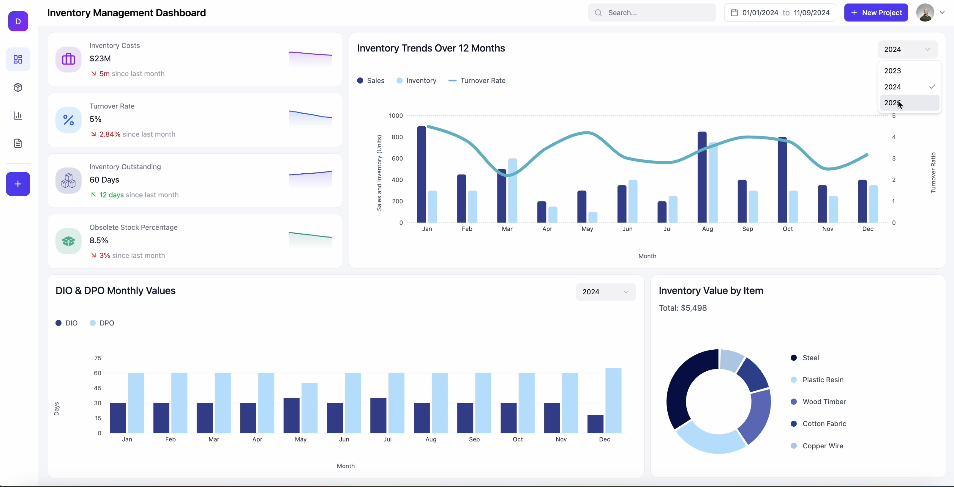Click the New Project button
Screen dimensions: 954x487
(x=876, y=12)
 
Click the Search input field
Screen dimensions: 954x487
(x=652, y=12)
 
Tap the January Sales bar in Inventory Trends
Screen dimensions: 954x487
(x=421, y=174)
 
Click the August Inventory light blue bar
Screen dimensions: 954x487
(x=713, y=182)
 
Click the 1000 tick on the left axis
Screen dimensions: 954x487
(x=396, y=116)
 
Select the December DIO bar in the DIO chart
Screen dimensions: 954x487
(x=596, y=424)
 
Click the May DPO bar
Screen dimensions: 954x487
(x=309, y=408)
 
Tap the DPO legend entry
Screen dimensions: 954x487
(x=102, y=323)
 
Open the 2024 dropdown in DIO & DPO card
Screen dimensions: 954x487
(x=606, y=292)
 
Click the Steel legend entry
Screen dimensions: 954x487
(x=805, y=358)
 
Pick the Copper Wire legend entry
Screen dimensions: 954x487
(x=817, y=446)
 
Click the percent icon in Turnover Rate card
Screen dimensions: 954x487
(x=69, y=120)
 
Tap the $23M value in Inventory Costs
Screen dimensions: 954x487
(x=100, y=59)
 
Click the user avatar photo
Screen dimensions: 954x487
(x=925, y=12)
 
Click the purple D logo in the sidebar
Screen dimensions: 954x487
(x=18, y=21)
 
